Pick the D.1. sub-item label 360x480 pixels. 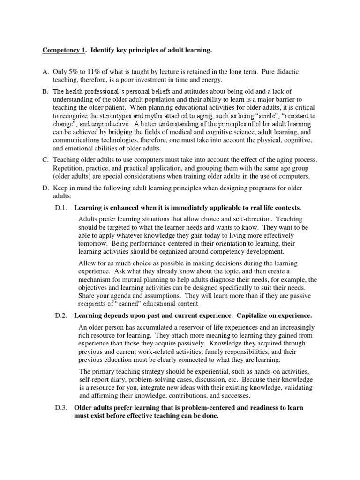click(x=62, y=208)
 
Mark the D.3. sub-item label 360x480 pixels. click(x=62, y=408)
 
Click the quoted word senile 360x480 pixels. click(x=253, y=116)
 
